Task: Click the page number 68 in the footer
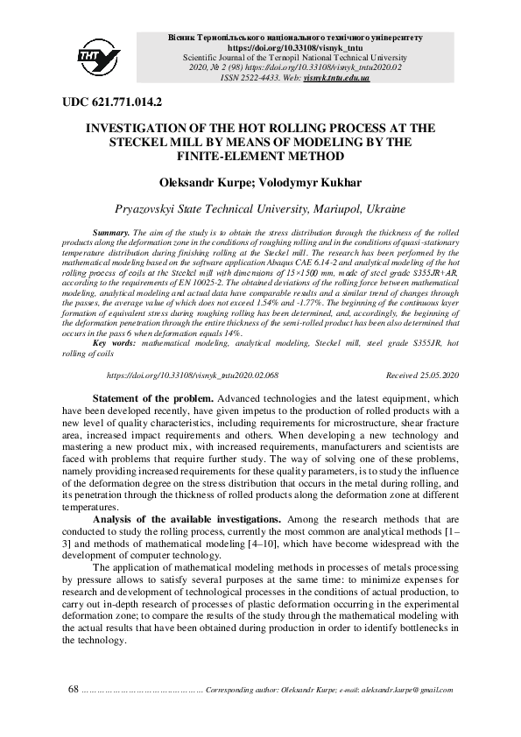tap(74, 691)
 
